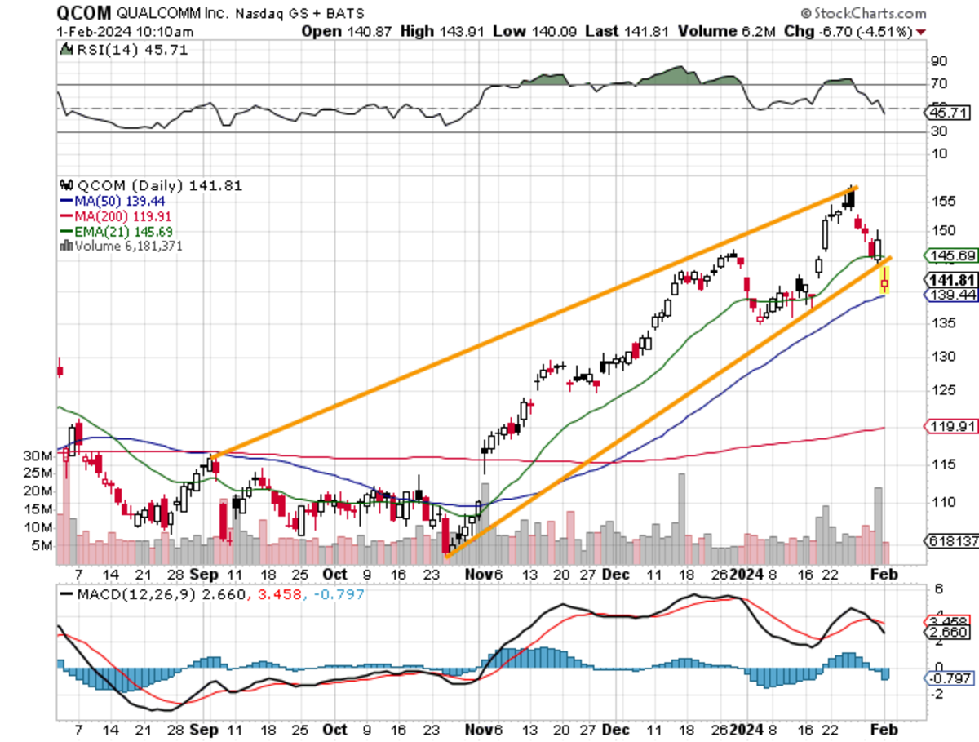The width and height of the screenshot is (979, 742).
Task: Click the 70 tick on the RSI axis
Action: pyautogui.click(x=939, y=84)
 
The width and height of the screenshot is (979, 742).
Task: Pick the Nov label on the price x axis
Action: pyautogui.click(x=479, y=575)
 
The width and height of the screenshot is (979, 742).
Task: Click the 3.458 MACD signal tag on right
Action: pyautogui.click(x=948, y=621)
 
